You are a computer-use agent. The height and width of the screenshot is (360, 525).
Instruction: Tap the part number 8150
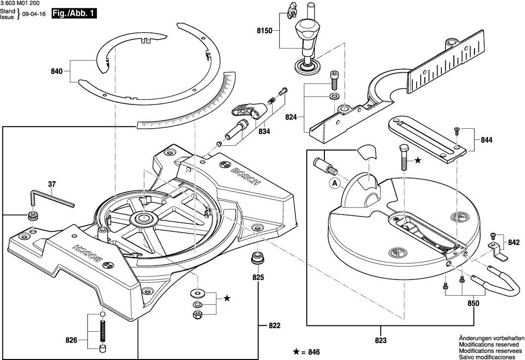[264, 31]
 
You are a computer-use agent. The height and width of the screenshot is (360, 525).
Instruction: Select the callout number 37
[52, 184]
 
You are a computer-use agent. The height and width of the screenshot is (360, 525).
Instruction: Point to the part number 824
[292, 117]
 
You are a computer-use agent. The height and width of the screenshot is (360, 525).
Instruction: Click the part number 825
[258, 277]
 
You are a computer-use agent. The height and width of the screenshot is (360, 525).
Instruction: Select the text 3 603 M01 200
[21, 3]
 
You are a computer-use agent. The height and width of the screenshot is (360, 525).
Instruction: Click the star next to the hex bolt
[418, 160]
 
